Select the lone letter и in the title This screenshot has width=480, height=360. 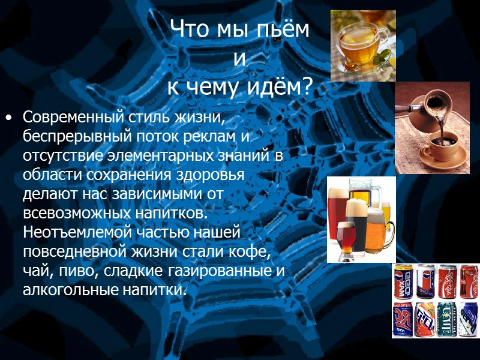pos(239,58)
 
